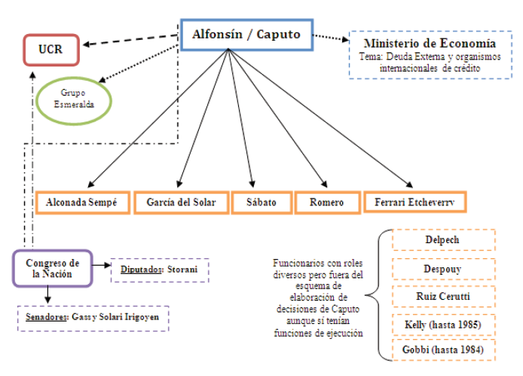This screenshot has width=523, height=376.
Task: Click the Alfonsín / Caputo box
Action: point(246,35)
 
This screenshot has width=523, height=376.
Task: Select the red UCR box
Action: point(50,50)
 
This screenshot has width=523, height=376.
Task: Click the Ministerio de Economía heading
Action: point(430,43)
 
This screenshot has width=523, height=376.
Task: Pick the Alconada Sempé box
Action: point(82,202)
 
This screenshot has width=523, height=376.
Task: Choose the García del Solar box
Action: point(181,202)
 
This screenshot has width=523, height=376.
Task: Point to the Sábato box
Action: point(259,202)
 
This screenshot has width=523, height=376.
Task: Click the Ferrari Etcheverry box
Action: point(414,202)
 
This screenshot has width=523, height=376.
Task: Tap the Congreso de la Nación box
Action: point(52,268)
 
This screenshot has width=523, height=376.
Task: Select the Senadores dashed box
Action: point(93,318)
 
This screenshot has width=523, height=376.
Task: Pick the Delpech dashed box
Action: point(443,240)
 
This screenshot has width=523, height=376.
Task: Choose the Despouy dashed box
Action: point(443,268)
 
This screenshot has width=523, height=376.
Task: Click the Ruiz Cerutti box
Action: point(443,296)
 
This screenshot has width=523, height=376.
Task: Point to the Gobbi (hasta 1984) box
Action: point(443,350)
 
